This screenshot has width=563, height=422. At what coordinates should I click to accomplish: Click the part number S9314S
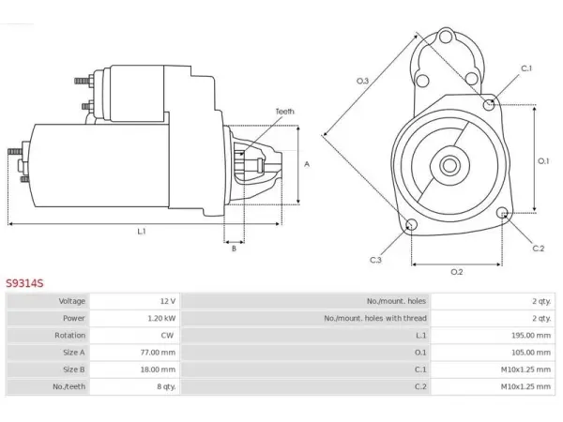click(24, 283)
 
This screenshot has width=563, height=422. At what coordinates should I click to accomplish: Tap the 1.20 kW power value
click(161, 318)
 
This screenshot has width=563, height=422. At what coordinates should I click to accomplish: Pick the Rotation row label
click(70, 335)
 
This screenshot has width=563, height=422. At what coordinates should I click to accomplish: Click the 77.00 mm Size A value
click(158, 353)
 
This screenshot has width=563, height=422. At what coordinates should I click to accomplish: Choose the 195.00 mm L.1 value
click(531, 335)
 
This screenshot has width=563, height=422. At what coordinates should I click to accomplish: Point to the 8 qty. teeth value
click(167, 386)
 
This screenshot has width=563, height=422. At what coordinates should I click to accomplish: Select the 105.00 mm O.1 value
click(531, 353)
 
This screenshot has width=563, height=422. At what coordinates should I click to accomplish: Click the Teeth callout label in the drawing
click(284, 112)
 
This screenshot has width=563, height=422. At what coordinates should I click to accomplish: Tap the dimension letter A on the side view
click(307, 164)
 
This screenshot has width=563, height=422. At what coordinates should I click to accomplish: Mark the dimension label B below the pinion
click(234, 249)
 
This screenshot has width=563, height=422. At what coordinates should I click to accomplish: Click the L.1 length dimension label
click(142, 232)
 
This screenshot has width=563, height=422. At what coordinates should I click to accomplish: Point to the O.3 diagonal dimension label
click(362, 81)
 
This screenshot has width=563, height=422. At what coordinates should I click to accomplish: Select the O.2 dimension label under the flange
click(457, 272)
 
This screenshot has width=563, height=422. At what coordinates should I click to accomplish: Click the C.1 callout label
click(526, 68)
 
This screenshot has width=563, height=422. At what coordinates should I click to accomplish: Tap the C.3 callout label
click(375, 260)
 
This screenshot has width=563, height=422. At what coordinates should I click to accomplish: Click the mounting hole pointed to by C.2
click(502, 213)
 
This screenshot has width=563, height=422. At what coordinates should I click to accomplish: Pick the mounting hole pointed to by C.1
click(488, 104)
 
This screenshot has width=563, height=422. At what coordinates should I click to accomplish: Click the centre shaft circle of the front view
click(449, 166)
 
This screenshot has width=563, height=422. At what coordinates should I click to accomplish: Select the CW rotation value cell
click(167, 335)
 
